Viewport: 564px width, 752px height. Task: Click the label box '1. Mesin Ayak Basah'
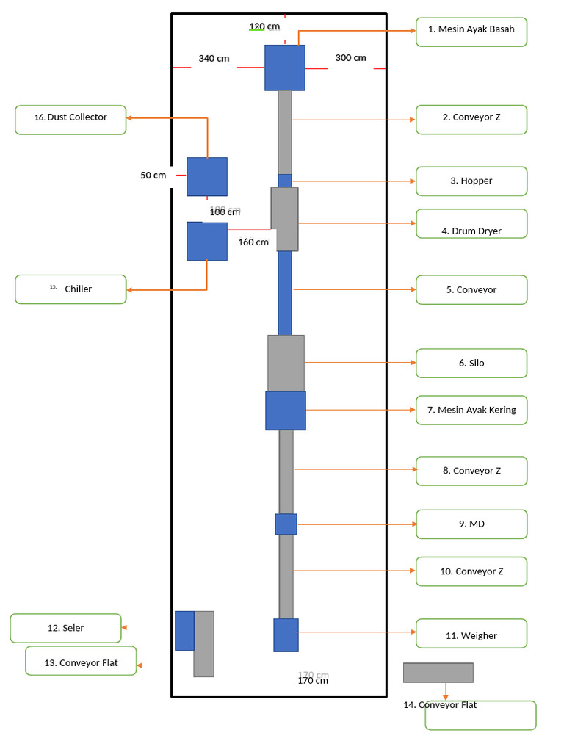point(471,32)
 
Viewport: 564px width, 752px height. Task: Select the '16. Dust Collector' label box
point(70,120)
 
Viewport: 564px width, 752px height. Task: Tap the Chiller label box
point(70,289)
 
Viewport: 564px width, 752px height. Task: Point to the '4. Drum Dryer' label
point(471,224)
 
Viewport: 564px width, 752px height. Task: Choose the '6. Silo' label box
point(471,363)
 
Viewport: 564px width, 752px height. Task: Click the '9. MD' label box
point(471,524)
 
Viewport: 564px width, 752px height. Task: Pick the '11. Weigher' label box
point(471,634)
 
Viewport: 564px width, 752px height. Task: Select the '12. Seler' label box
point(65,629)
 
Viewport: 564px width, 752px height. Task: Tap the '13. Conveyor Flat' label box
point(81,661)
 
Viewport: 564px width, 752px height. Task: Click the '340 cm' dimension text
point(214,59)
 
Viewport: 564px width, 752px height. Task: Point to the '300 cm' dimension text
point(350,58)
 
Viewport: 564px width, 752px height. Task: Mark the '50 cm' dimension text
point(153,176)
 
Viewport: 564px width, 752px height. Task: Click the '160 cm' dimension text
point(253,242)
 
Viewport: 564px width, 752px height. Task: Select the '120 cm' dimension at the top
point(264,26)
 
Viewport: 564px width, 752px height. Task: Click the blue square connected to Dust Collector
point(206,176)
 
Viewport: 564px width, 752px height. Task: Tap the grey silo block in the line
point(286,364)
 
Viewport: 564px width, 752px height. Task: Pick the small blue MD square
point(286,524)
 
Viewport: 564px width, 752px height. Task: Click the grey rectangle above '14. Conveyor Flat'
point(438,673)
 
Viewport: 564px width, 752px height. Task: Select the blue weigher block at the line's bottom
point(286,635)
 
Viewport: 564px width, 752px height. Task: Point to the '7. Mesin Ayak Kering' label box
point(471,410)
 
